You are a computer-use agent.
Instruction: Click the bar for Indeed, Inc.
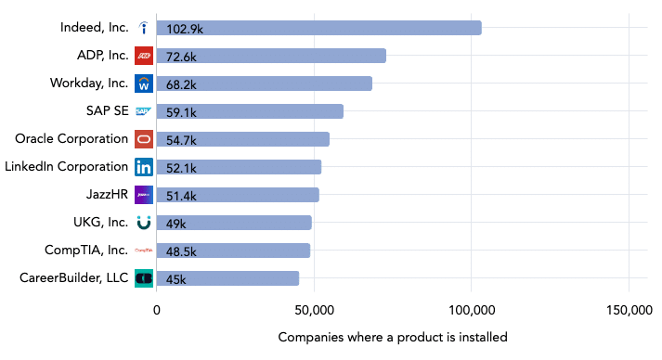318,28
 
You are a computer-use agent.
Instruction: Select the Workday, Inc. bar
264,84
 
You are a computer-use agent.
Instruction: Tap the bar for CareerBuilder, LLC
227,278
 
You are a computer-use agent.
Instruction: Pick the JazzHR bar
238,195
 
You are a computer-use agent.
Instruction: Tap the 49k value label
176,223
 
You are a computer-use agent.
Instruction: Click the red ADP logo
144,56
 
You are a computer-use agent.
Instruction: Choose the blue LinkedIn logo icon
144,167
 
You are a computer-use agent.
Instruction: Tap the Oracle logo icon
144,139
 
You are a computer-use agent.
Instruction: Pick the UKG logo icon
144,223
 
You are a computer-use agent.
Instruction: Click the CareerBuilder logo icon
144,278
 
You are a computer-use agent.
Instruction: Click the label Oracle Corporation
71,139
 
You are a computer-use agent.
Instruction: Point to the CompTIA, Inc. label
86,251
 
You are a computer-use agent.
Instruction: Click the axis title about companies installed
393,337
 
